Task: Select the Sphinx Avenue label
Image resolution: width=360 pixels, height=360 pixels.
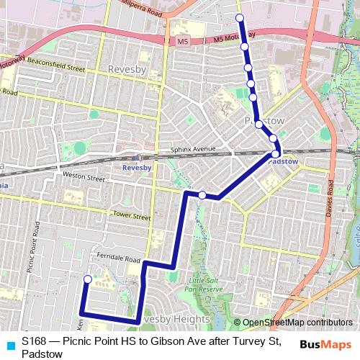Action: [193, 150]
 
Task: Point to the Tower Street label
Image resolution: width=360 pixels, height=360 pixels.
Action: [132, 215]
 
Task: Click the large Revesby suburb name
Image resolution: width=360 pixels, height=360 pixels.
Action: [126, 69]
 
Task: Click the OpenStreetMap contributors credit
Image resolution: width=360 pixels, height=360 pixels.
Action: [293, 323]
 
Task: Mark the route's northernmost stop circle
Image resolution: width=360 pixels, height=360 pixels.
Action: [240, 18]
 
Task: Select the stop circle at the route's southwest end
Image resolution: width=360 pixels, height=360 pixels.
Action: [88, 279]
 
